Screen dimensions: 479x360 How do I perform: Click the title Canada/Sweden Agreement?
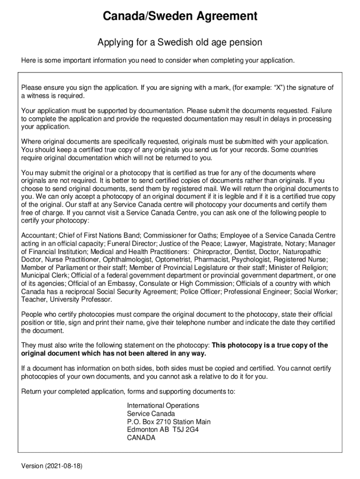[180, 17]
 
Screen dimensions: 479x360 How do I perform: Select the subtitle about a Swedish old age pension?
[180, 43]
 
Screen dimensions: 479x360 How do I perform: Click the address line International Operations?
[163, 406]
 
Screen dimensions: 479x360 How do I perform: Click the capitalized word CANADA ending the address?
[141, 438]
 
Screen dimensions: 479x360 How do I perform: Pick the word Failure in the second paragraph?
[321, 111]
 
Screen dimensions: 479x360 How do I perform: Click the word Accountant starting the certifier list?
[38, 235]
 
